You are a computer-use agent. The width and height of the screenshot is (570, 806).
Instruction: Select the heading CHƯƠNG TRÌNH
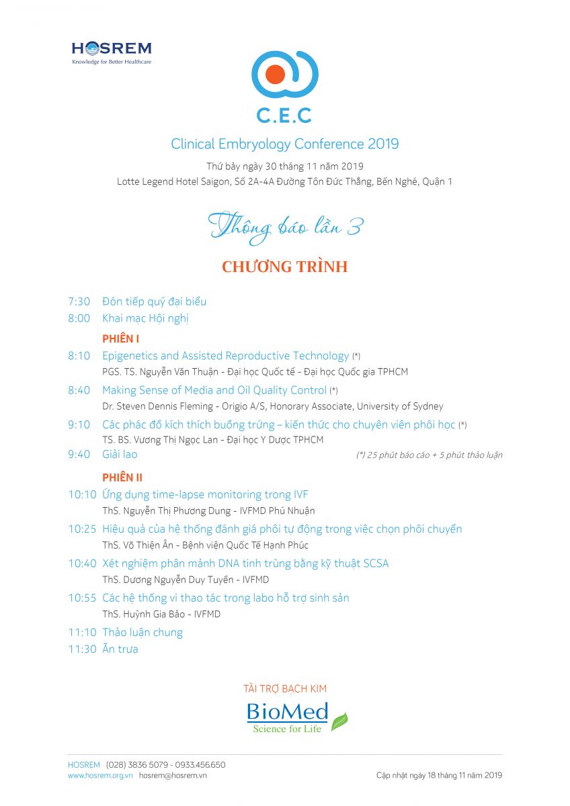[x=285, y=267]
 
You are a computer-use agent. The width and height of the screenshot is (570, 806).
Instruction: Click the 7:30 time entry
[x=79, y=302]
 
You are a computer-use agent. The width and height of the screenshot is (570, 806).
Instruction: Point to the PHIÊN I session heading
[x=121, y=339]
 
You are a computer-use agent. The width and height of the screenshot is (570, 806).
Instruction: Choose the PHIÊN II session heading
[x=122, y=478]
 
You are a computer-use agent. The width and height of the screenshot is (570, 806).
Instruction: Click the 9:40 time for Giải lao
[x=79, y=454]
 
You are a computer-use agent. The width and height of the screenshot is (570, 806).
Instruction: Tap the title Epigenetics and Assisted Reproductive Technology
[x=226, y=356]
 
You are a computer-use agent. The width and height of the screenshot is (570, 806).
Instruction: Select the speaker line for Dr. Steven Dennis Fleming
[x=272, y=406]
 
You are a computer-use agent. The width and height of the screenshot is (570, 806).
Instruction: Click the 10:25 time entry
[x=82, y=529]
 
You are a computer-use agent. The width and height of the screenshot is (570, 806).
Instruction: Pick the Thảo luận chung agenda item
[x=142, y=632]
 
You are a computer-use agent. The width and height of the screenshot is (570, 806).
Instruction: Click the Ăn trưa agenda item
[x=120, y=649]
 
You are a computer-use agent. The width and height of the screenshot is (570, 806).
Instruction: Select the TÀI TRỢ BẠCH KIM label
[x=285, y=688]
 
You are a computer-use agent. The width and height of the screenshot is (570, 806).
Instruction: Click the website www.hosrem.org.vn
[x=100, y=775]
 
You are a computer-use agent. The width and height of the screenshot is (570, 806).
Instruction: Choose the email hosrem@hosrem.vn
[x=173, y=775]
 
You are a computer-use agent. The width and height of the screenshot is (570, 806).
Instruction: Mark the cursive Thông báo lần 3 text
[x=285, y=227]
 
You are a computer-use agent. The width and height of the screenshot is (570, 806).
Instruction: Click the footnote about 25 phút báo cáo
[x=429, y=455]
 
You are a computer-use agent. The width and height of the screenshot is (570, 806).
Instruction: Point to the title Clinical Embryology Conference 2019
[x=285, y=144]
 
